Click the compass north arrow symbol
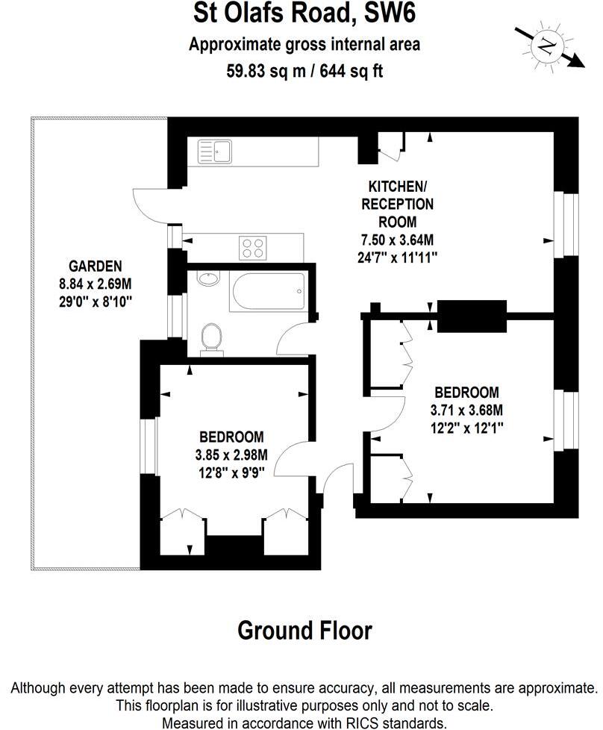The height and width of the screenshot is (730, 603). (549, 48)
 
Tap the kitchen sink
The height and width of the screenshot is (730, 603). (214, 152)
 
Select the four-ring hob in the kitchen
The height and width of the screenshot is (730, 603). (254, 247)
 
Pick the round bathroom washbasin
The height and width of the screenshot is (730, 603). (207, 279)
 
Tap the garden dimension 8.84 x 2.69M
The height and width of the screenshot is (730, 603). (95, 284)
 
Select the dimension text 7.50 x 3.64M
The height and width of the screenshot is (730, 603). (396, 240)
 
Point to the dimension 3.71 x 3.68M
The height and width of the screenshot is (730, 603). (466, 410)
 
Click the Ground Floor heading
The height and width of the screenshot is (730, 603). (304, 631)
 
